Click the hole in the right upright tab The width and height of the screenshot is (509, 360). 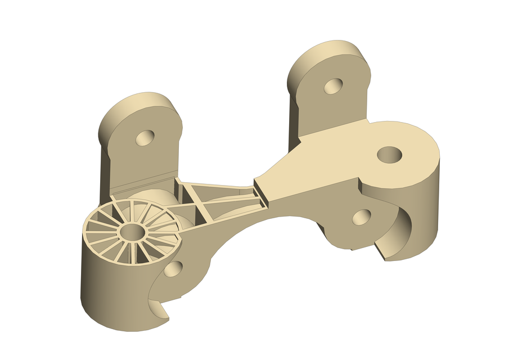(334, 85)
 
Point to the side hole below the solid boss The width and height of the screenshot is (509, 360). (362, 217)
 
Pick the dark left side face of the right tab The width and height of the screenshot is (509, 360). (294, 112)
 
